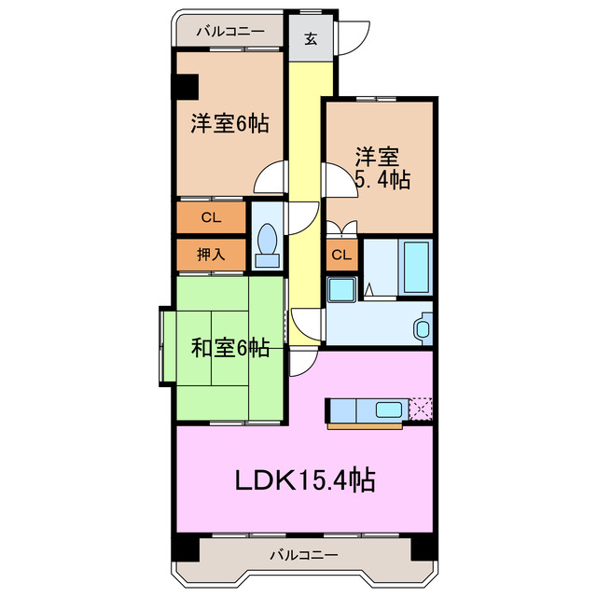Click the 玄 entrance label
pyautogui.click(x=308, y=39)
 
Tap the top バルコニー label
pyautogui.click(x=229, y=31)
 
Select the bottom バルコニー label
pyautogui.click(x=304, y=556)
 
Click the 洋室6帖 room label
pyautogui.click(x=229, y=124)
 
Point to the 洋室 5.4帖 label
pyautogui.click(x=381, y=168)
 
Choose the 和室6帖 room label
pyautogui.click(x=230, y=349)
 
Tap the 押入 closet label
pyautogui.click(x=211, y=254)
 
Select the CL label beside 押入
pyautogui.click(x=211, y=218)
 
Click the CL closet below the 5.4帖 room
pyautogui.click(x=341, y=255)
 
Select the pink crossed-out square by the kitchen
pyautogui.click(x=422, y=409)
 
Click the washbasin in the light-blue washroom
pyautogui.click(x=422, y=327)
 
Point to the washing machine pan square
pyautogui.click(x=341, y=288)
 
